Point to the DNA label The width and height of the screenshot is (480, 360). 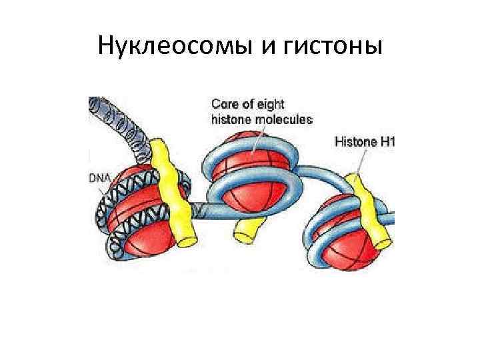click(100, 177)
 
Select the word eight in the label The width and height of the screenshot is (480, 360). click(271, 105)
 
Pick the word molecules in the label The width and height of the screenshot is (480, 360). click(283, 119)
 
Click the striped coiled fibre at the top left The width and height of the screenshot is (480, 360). click(120, 127)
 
